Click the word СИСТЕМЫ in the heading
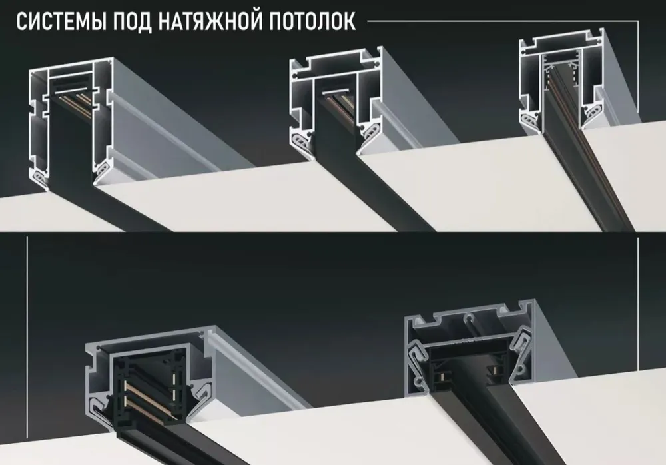click(61, 22)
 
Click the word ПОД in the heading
click(133, 22)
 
